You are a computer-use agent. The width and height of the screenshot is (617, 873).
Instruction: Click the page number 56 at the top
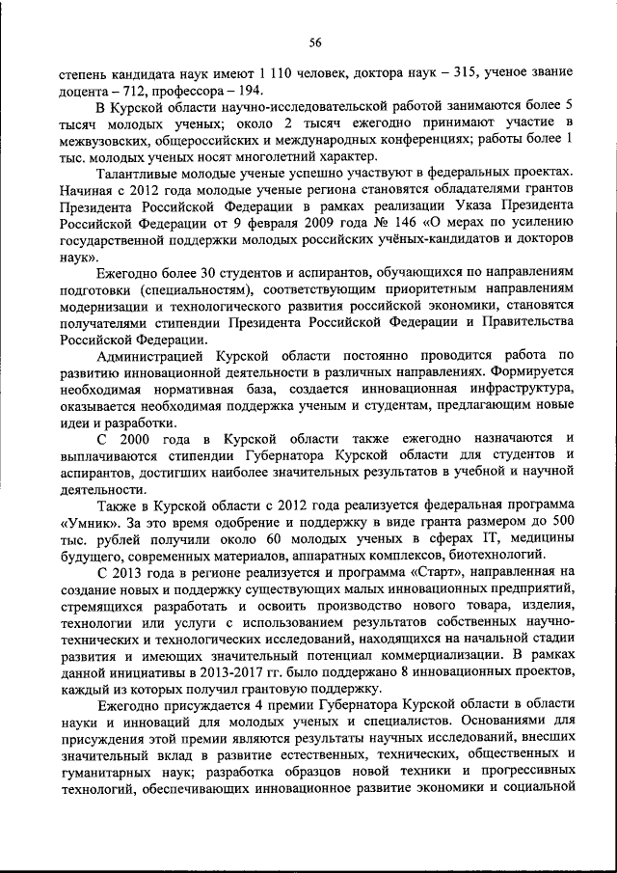[x=314, y=41]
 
